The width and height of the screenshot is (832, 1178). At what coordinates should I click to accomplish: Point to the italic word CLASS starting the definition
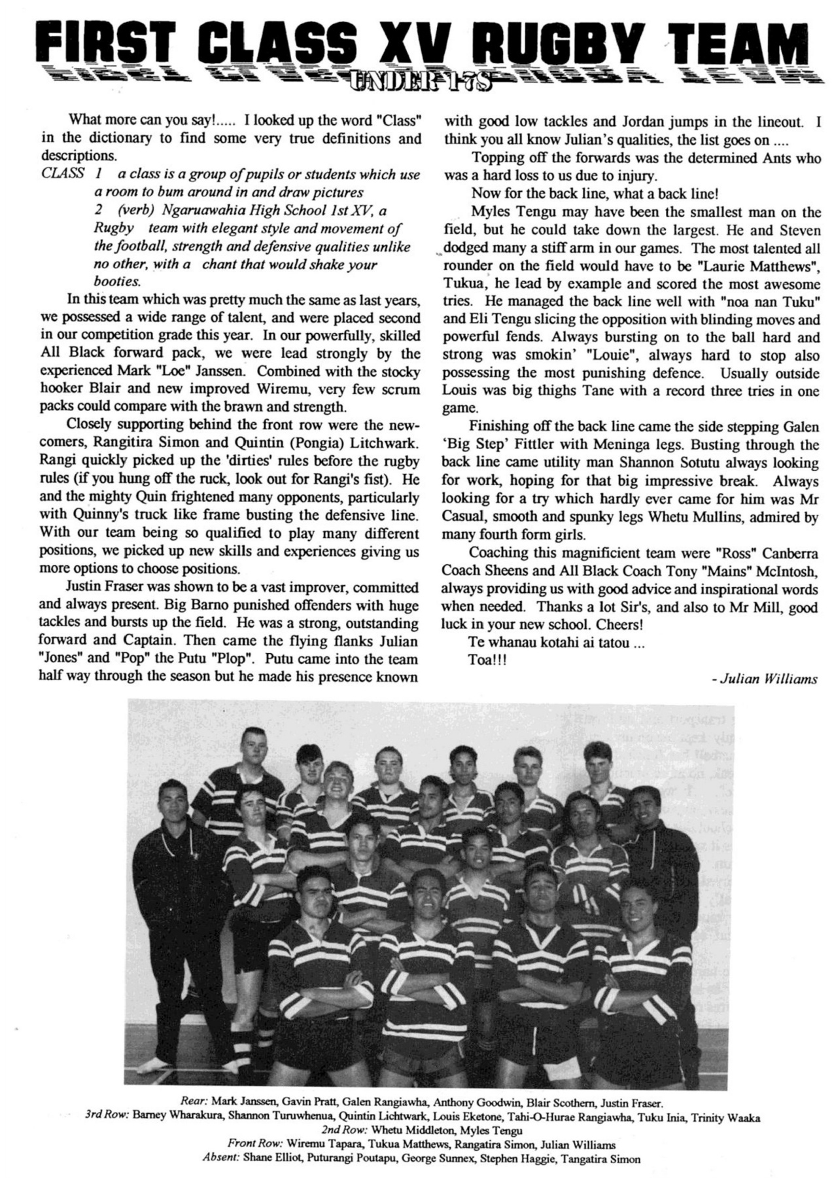(x=62, y=174)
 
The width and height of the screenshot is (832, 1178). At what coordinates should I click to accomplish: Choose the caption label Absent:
(x=222, y=1158)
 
